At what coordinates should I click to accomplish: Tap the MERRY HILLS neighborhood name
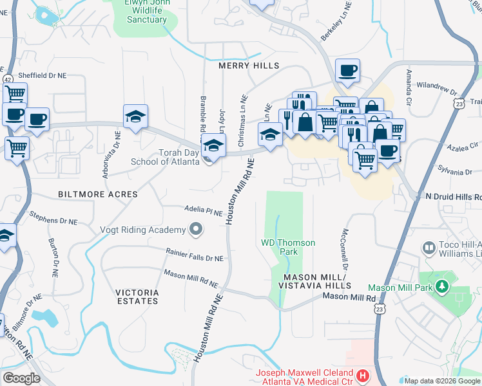click(x=249, y=66)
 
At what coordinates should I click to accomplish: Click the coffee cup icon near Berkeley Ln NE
click(x=347, y=71)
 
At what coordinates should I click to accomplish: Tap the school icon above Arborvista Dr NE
click(x=135, y=116)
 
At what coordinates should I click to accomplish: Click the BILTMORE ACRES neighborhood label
click(x=97, y=194)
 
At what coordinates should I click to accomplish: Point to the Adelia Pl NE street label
click(x=204, y=211)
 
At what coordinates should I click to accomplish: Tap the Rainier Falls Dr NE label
click(x=194, y=257)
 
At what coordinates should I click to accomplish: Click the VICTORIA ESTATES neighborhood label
click(x=137, y=296)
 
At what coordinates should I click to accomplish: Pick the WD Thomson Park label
click(x=288, y=247)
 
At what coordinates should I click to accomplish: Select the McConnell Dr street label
click(x=345, y=250)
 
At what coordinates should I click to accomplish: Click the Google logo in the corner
click(x=21, y=378)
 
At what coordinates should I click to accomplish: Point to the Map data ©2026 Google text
click(x=441, y=381)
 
